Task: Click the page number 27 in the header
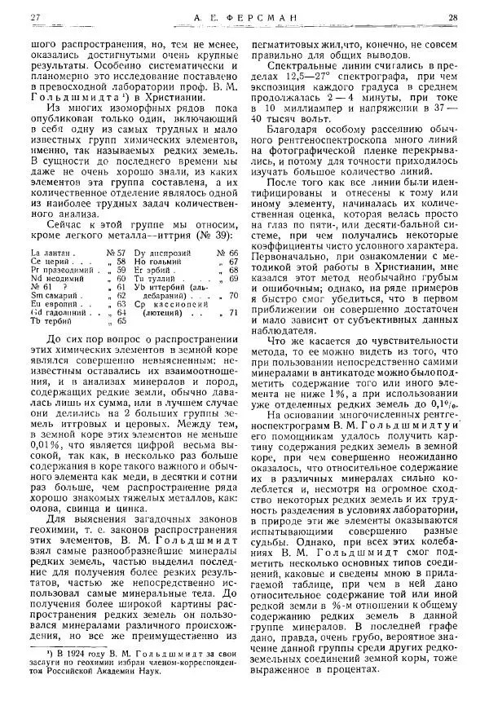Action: coord(34,18)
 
